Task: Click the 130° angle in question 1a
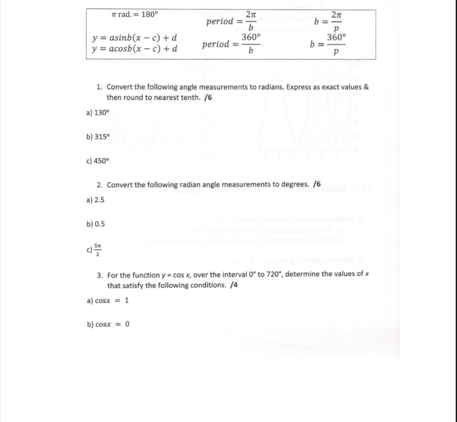tap(101, 113)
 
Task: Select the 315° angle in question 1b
tap(101, 137)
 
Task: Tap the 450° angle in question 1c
tap(101, 161)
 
